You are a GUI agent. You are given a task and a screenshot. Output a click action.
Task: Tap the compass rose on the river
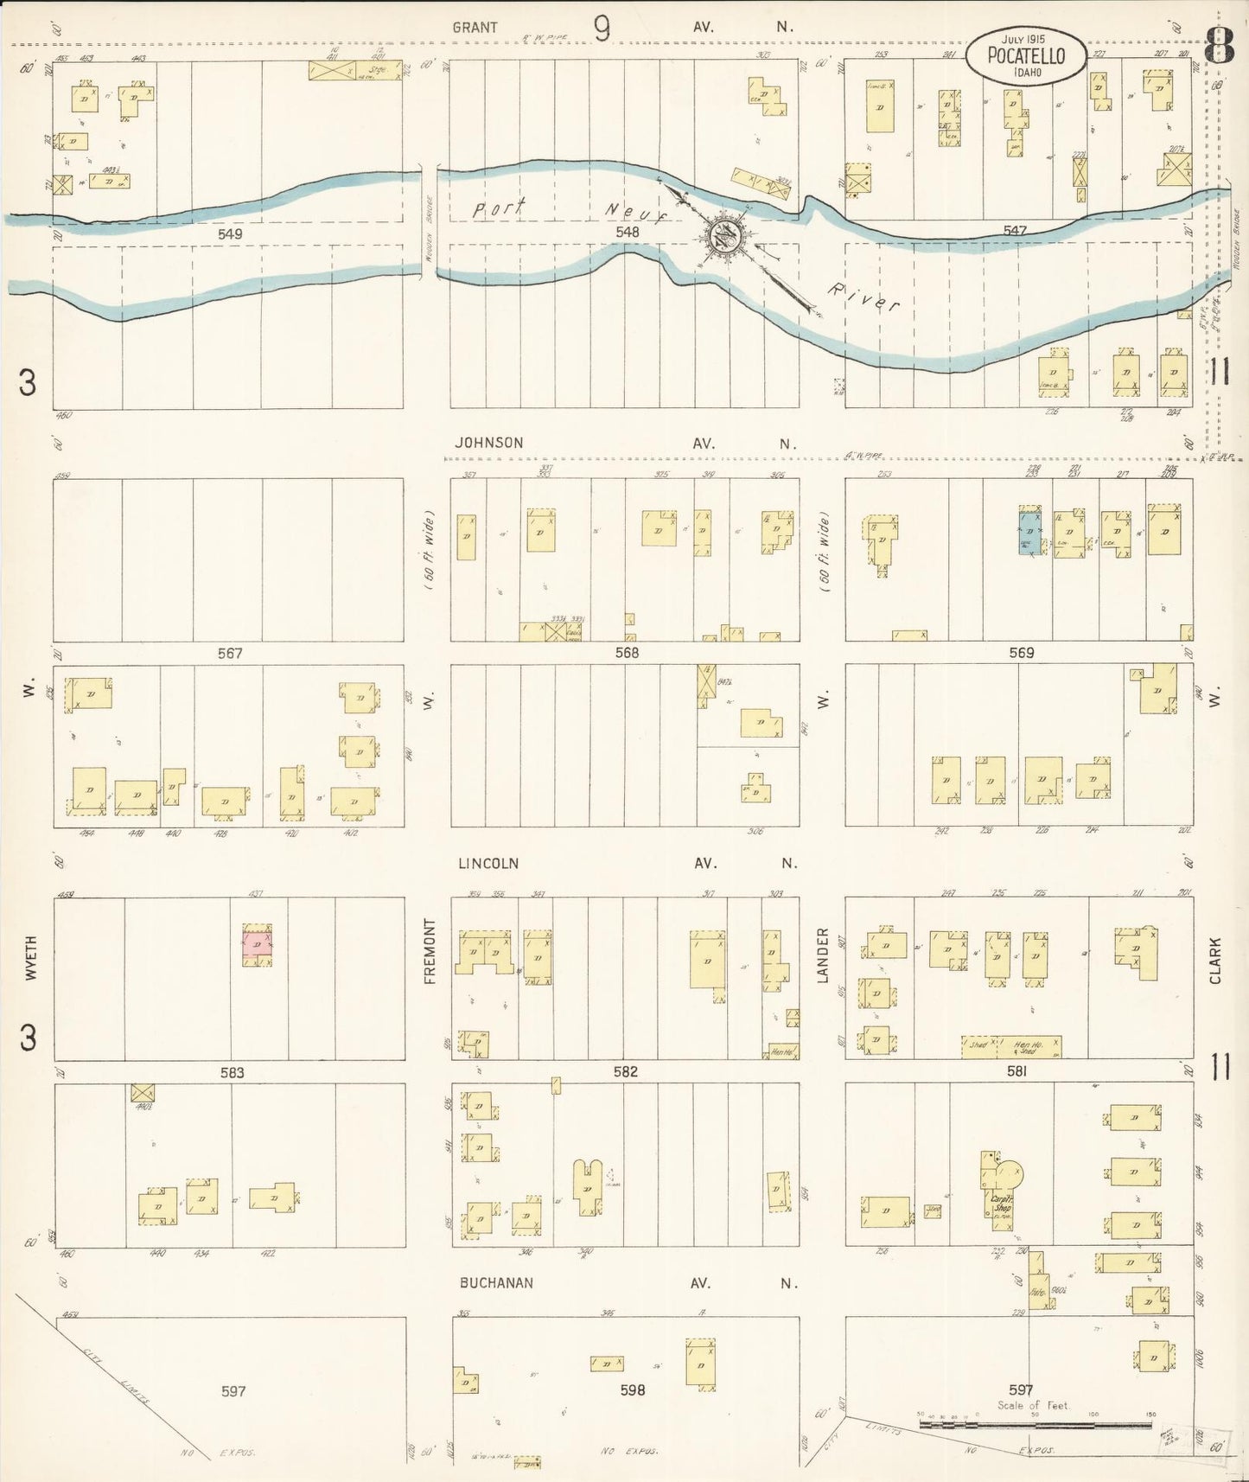pyautogui.click(x=723, y=234)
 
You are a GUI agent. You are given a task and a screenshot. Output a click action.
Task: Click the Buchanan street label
pyautogui.click(x=495, y=1283)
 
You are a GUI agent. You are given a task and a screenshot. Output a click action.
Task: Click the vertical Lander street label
pyautogui.click(x=823, y=955)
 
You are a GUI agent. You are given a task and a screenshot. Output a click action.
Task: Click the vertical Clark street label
pyautogui.click(x=1215, y=961)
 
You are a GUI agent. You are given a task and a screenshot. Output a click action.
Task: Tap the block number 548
pyautogui.click(x=627, y=232)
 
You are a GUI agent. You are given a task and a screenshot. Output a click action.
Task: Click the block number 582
pyautogui.click(x=625, y=1071)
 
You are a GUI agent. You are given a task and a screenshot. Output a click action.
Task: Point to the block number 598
pyautogui.click(x=633, y=1390)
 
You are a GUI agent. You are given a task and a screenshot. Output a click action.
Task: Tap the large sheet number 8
pyautogui.click(x=1219, y=45)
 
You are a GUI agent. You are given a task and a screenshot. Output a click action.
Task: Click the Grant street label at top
pyautogui.click(x=475, y=28)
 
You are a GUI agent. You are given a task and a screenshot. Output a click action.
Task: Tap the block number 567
pyautogui.click(x=230, y=654)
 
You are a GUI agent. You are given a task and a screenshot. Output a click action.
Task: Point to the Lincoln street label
pyautogui.click(x=488, y=864)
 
